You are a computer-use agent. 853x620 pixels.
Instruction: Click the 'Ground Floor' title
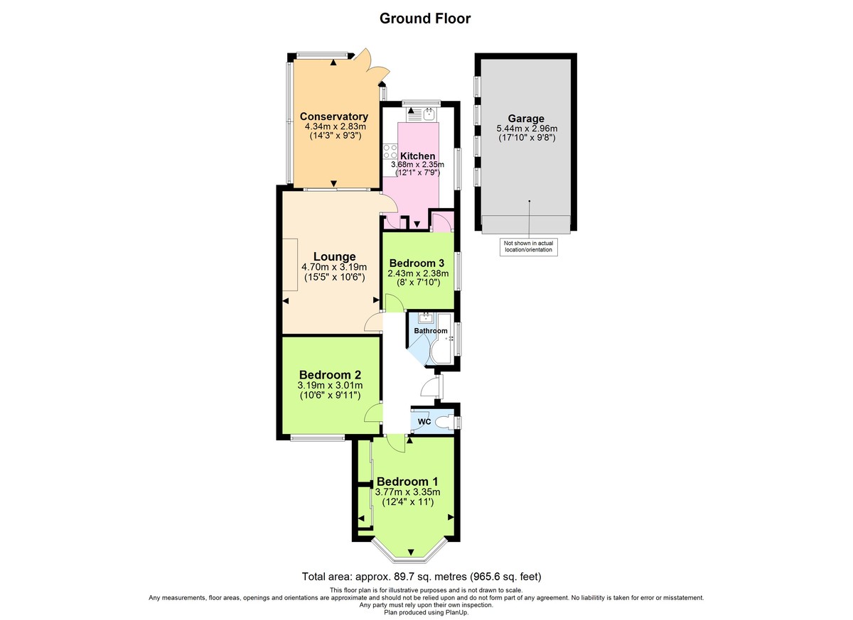click(425, 18)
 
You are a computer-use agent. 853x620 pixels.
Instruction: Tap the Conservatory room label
click(333, 116)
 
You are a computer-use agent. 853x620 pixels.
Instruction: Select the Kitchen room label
click(417, 156)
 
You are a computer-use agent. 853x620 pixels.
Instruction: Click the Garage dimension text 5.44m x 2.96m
click(526, 129)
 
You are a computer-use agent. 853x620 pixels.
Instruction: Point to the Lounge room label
click(333, 256)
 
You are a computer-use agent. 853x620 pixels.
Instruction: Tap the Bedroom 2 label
click(330, 375)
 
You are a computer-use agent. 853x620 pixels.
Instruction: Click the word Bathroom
click(431, 331)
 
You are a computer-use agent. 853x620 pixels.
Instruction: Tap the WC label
click(424, 422)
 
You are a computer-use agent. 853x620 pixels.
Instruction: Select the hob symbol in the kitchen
click(390, 151)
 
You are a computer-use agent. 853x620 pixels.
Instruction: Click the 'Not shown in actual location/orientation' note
click(528, 246)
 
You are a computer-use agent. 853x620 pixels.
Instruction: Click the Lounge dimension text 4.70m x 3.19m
click(333, 267)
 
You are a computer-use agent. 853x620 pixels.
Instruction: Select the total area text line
click(426, 577)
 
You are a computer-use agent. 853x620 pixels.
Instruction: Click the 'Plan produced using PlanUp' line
click(426, 612)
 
